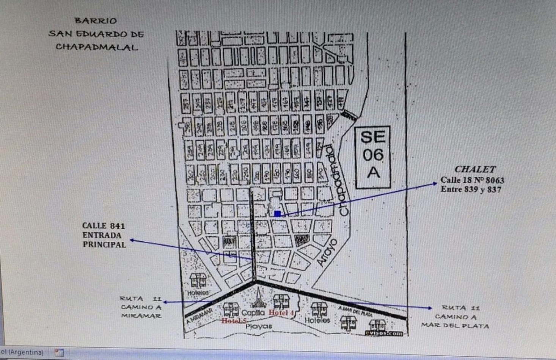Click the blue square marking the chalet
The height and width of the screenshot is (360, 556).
coord(278,214)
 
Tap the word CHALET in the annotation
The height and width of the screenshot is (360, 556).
coord(475,169)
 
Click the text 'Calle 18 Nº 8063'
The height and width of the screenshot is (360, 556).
coord(472,180)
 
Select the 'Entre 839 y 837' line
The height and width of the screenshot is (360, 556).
coord(471,189)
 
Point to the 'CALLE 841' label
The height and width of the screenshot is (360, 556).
coord(104,226)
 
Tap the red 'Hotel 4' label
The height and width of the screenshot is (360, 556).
coord(281,313)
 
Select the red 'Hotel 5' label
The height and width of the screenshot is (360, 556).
coord(234,321)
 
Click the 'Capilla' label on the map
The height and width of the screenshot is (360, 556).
coord(253,313)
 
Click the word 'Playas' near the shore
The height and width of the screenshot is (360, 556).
coord(259,326)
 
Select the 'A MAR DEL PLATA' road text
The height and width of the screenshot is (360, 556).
coord(355,311)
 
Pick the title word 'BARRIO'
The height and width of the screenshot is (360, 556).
coord(96,21)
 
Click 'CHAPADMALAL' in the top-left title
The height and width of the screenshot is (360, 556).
coord(97,47)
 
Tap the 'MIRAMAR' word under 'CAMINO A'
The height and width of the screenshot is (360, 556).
coord(141,316)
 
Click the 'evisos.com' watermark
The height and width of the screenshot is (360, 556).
coord(384,333)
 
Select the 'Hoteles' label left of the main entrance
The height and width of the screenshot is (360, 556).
coord(198,293)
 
